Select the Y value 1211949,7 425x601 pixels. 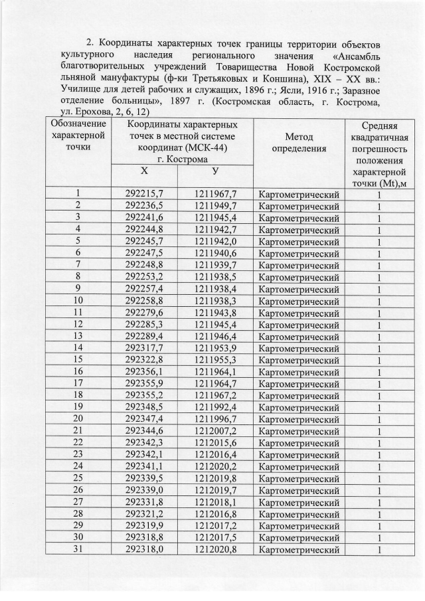coord(216,207)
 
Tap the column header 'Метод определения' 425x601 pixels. coord(299,142)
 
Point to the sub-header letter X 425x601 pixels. coord(144,171)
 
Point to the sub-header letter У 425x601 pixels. coord(215,171)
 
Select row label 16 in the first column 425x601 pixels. coord(78,371)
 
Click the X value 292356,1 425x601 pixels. coord(145,371)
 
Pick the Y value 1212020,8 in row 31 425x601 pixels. coord(216,549)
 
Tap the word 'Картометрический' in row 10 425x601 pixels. coord(299,300)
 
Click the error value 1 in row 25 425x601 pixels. coord(379,478)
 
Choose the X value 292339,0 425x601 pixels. coord(145,490)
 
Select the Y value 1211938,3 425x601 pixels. coord(216,300)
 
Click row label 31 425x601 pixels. coord(78,549)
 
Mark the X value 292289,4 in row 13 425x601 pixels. coord(145,335)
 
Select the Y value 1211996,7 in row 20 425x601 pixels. coord(216,418)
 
